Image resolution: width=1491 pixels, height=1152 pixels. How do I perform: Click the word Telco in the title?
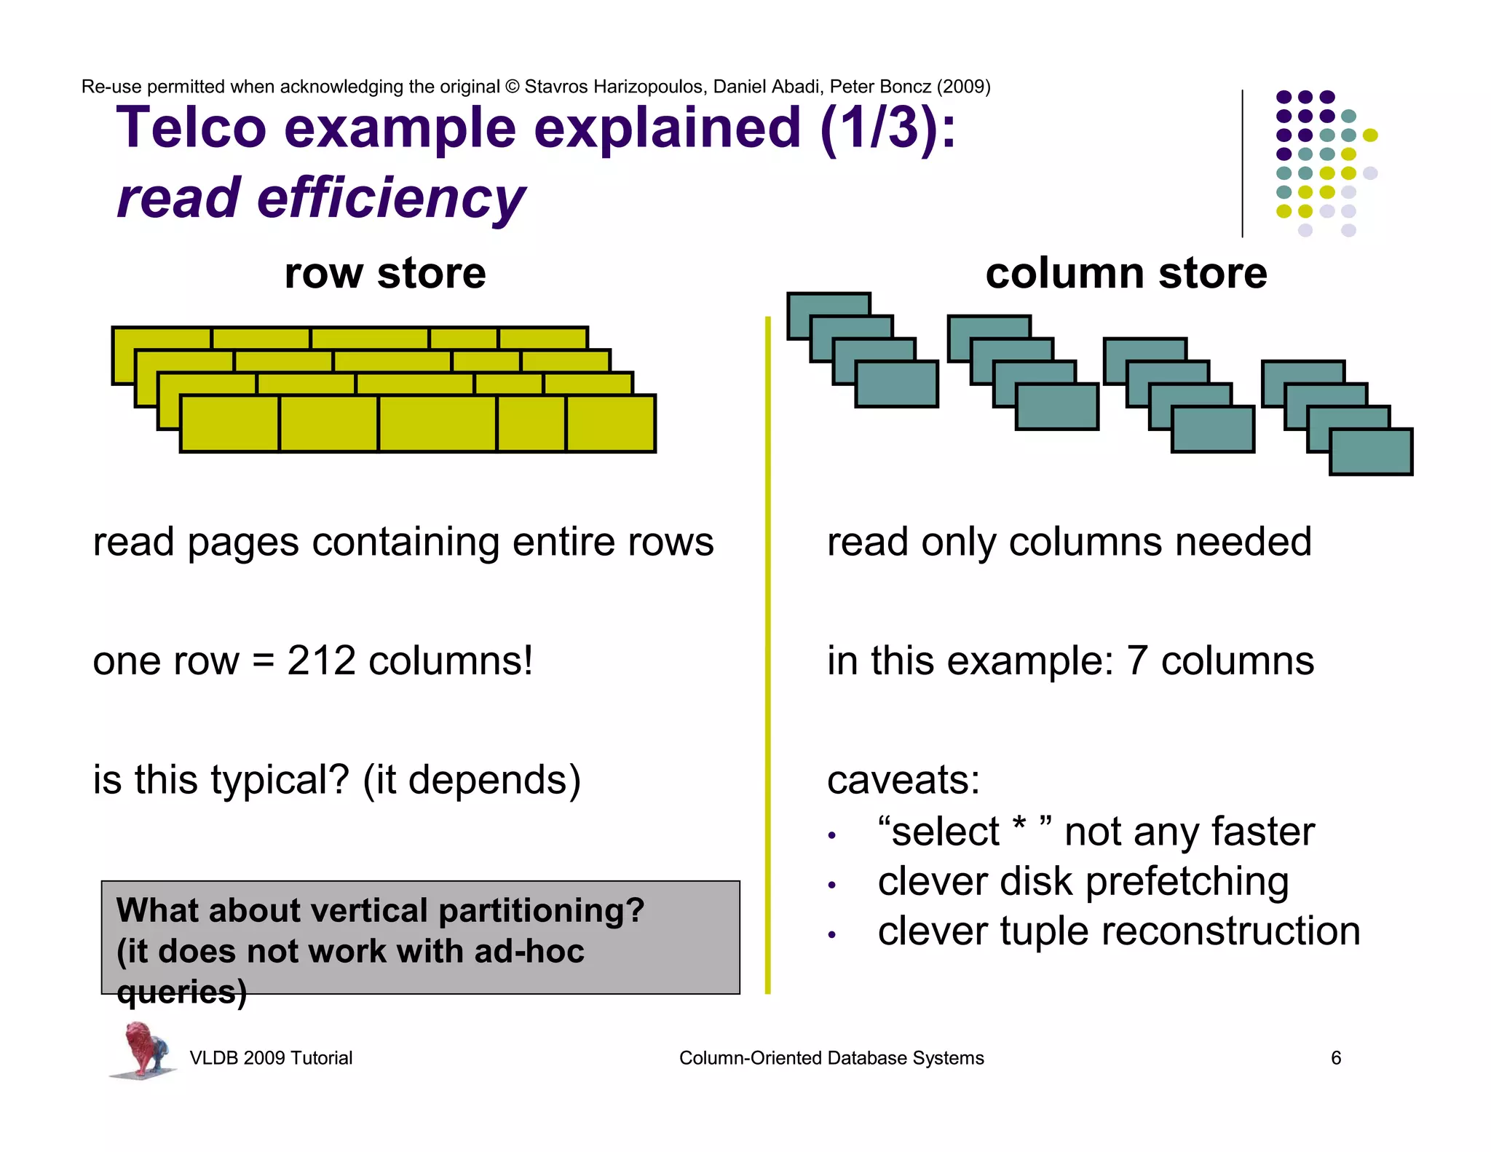click(x=192, y=128)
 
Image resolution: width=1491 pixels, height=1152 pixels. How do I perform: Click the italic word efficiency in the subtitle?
click(x=391, y=198)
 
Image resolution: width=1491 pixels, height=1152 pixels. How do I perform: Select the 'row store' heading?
click(x=385, y=274)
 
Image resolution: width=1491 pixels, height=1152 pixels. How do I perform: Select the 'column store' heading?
click(x=1126, y=274)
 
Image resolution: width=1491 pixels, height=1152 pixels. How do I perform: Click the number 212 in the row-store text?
click(x=321, y=661)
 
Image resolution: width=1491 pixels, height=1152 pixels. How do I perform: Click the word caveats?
click(x=903, y=780)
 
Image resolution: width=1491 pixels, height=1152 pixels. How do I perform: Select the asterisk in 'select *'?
click(x=1019, y=826)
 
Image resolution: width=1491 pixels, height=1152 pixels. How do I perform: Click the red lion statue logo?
click(x=143, y=1049)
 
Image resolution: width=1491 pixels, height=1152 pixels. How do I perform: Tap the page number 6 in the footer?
click(x=1336, y=1058)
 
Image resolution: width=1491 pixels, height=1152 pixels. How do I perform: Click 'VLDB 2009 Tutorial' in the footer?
click(x=271, y=1058)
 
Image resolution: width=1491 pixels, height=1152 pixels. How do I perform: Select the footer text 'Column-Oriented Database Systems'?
click(x=831, y=1058)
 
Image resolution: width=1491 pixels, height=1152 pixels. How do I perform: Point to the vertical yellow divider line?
click(x=767, y=655)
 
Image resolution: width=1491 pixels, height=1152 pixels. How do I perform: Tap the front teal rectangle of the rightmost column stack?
click(x=1371, y=452)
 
